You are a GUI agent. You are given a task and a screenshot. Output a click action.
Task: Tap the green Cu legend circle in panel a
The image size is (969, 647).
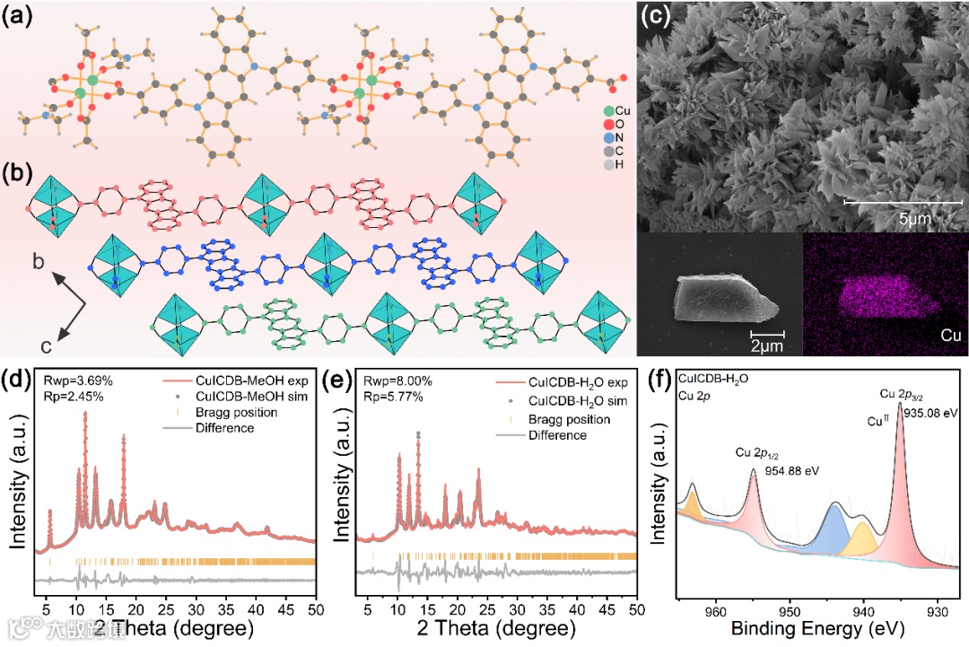[x=610, y=110]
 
